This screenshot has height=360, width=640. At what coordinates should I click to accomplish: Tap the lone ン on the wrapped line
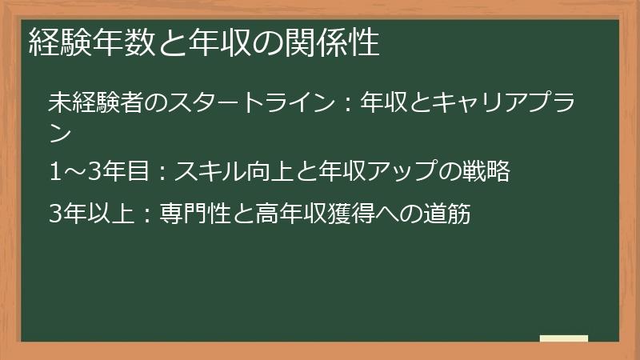(x=60, y=132)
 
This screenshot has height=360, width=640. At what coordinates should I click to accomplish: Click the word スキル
(x=205, y=171)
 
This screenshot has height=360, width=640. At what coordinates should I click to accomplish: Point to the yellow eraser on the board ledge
(x=564, y=338)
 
